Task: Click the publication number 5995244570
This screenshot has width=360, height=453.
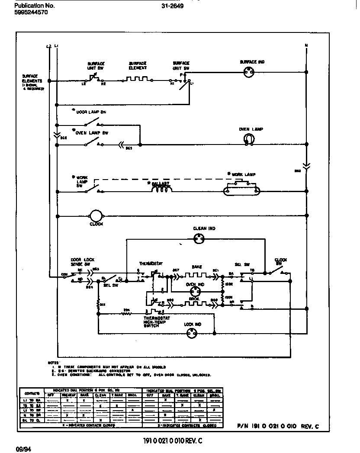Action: (x=31, y=13)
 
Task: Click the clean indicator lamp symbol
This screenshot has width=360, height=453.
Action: (x=199, y=238)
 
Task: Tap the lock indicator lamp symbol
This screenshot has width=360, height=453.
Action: (x=192, y=333)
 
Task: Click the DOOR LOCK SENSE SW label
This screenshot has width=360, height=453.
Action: (x=80, y=262)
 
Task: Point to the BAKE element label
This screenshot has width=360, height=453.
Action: (x=197, y=267)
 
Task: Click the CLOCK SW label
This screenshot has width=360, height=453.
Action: (x=281, y=262)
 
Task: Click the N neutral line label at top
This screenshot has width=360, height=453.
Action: (x=306, y=45)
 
